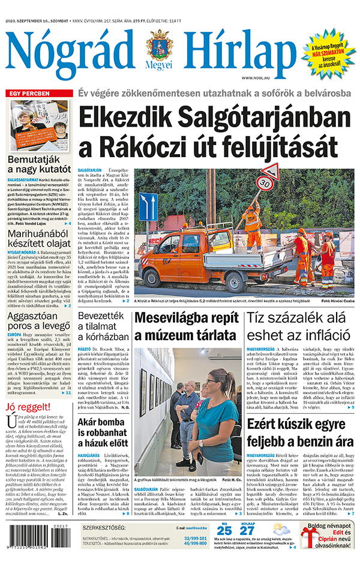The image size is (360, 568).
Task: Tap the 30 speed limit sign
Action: tap(265, 182)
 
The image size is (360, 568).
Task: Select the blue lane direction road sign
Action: tap(148, 206)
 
